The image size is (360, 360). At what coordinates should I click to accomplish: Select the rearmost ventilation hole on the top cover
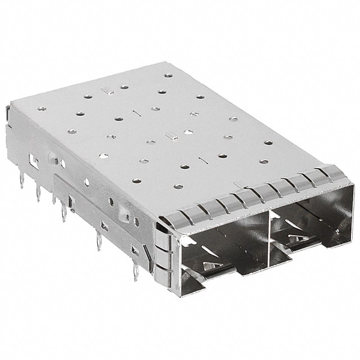(x=167, y=75)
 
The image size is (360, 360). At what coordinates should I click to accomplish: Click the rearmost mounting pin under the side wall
(x=21, y=181)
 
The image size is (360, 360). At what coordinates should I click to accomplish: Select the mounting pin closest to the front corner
(x=136, y=274)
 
